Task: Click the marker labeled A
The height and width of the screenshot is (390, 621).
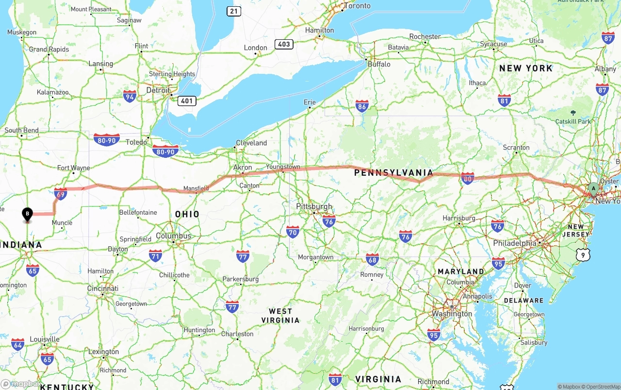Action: [593, 188]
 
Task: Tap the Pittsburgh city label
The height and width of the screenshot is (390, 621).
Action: [314, 206]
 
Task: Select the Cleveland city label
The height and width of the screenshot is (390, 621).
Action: [251, 143]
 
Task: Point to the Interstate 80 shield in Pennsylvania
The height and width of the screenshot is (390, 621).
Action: [468, 178]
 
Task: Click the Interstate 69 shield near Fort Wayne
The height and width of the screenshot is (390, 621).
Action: [61, 194]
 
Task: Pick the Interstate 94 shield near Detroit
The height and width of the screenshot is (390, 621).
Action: [130, 96]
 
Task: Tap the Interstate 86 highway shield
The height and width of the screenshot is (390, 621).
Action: [362, 106]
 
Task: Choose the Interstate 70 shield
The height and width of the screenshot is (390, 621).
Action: [293, 232]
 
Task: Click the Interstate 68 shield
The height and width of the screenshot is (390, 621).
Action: [373, 259]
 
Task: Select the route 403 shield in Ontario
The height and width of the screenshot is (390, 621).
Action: [284, 44]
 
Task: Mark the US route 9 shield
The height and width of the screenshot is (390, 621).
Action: [584, 254]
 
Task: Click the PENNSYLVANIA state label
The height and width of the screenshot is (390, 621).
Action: [393, 172]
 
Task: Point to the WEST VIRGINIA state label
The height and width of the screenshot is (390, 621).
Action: [280, 316]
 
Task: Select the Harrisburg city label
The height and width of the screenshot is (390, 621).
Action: [459, 218]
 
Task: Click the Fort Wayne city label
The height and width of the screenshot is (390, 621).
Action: [74, 168]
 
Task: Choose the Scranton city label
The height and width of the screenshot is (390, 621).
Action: [516, 147]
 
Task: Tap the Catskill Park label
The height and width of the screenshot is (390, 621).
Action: [573, 121]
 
